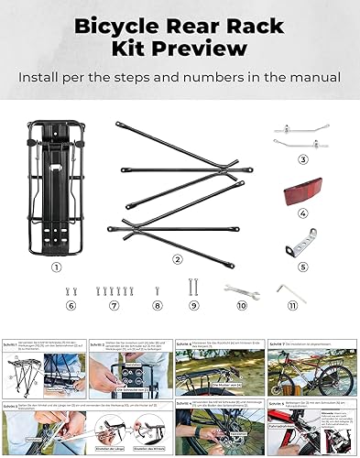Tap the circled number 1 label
point(56,267)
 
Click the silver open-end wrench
point(242,290)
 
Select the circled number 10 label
point(242,310)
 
